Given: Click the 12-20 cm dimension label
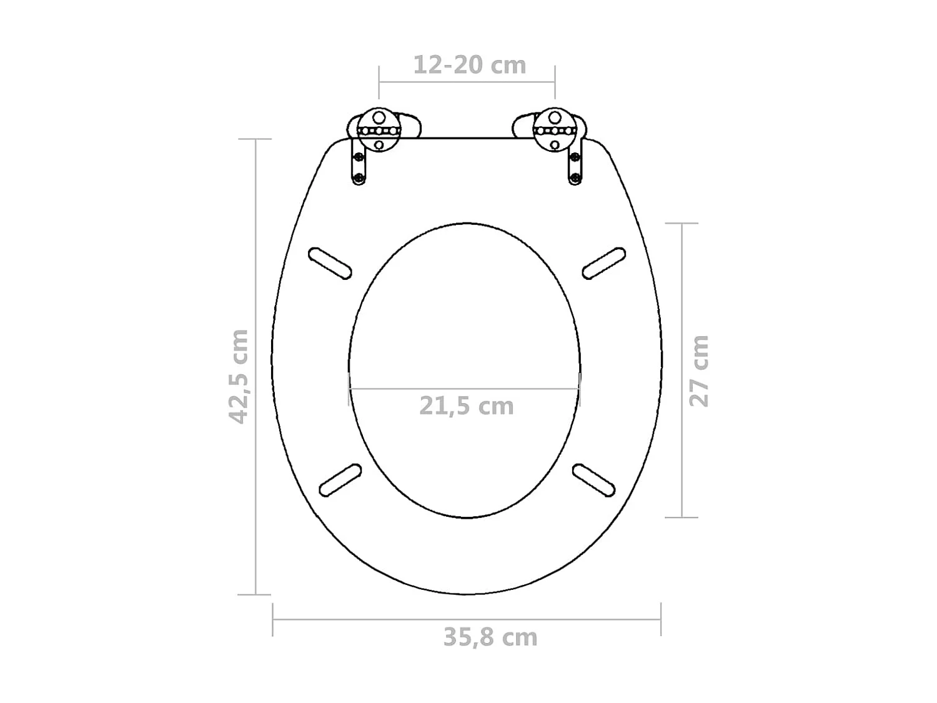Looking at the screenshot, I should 470,65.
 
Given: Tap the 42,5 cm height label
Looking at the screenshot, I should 239,376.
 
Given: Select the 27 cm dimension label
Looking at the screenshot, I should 699,371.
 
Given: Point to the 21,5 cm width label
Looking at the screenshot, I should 466,406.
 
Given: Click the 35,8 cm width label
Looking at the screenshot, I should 490,637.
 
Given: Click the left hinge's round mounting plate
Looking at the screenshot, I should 379,131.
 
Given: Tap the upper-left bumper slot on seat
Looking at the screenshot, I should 330,263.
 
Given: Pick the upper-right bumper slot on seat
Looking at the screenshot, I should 604,262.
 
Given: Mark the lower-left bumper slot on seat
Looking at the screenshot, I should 340,480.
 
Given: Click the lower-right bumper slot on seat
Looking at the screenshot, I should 594,480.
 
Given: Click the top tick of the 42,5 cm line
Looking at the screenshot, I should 255,139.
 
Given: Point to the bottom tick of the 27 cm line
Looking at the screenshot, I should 682,517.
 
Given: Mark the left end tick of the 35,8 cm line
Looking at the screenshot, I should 273,619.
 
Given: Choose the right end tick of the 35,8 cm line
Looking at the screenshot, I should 661,619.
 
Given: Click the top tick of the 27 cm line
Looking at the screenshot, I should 682,223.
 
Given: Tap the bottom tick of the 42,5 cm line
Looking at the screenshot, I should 255,595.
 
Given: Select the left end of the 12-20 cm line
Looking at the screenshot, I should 379,82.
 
